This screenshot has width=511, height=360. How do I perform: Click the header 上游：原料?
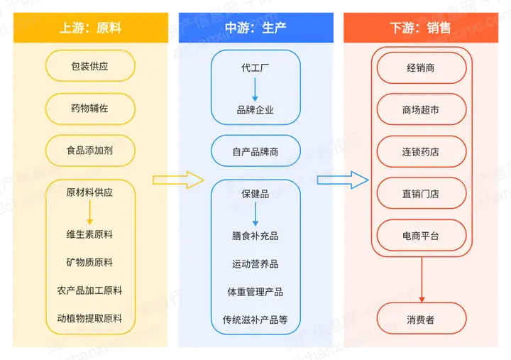pos(89,28)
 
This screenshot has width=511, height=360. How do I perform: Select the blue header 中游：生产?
pos(255,28)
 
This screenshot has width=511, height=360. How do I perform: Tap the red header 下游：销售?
pos(421,28)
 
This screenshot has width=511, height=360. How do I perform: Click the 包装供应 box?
pos(89,67)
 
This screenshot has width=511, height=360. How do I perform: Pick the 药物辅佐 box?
pos(89,109)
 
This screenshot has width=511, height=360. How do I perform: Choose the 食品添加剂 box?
pos(89,151)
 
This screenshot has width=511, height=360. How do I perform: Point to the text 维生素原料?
pos(89,234)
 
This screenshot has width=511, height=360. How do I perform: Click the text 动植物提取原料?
pos(89,318)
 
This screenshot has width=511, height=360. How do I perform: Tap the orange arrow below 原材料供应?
pos(89,212)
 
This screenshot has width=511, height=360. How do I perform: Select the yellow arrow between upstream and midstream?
pos(178,180)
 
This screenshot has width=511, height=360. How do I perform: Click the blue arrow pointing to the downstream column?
pos(342,180)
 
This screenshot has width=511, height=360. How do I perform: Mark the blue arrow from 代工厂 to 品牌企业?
pos(255,89)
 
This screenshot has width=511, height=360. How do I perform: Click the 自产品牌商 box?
pos(255,151)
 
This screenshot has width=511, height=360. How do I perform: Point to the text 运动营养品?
pos(255,264)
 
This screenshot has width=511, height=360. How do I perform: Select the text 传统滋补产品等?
pos(255,320)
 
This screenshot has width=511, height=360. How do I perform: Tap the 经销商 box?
pos(421,68)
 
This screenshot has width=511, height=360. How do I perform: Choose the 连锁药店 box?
pos(421,151)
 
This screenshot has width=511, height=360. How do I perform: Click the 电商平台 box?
pos(421,235)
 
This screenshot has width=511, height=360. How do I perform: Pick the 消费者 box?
pos(421,319)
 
